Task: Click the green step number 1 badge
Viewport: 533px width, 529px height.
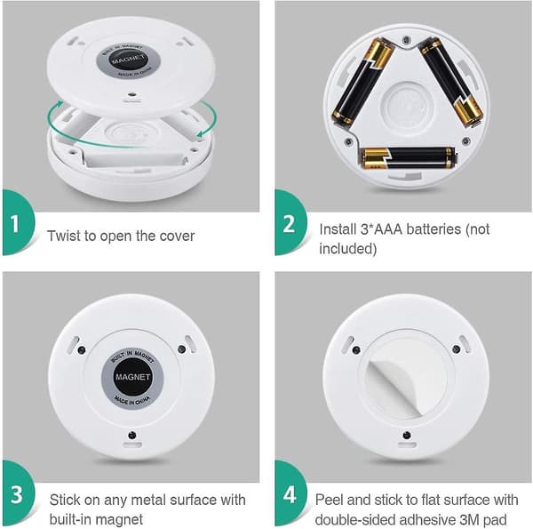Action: (x=17, y=223)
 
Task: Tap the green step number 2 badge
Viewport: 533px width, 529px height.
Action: (x=290, y=223)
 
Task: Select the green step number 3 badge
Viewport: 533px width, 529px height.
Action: (x=17, y=494)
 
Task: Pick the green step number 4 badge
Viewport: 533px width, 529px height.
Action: (x=290, y=494)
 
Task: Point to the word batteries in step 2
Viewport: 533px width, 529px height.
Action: (x=434, y=229)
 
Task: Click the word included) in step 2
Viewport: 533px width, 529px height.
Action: (x=347, y=249)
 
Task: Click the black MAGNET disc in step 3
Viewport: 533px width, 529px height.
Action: (x=132, y=377)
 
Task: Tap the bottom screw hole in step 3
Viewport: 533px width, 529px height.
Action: (x=131, y=435)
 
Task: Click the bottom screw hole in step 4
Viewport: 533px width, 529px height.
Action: (x=406, y=435)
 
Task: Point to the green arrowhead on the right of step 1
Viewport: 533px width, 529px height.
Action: (x=202, y=133)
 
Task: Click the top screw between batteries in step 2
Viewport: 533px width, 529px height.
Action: (x=406, y=41)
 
